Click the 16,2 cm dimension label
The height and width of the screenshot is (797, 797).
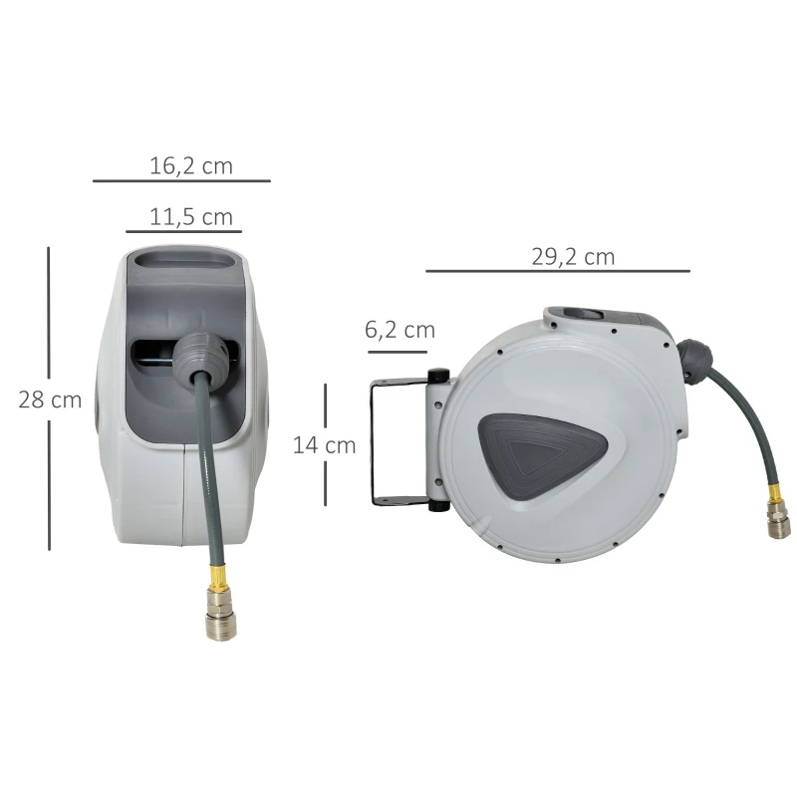coord(190,166)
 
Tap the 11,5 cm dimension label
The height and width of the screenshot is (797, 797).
coord(190,216)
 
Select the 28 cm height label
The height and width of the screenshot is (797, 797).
coord(50,400)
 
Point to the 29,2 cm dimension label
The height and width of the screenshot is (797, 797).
coord(572,257)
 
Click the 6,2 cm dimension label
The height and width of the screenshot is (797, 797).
coord(400,330)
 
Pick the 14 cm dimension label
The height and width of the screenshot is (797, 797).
coord(324,445)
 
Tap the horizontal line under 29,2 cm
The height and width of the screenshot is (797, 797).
coord(557,271)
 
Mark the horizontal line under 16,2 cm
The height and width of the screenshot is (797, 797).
coord(181,181)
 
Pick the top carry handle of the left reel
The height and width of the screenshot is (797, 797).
coord(190,261)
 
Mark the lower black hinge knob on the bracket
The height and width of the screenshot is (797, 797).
coord(437,506)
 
